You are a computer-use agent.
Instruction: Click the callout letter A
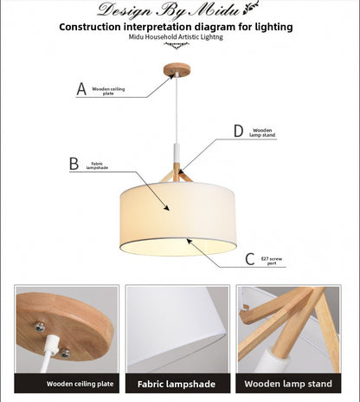[x=82, y=88]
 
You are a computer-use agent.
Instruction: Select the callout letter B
[x=74, y=163]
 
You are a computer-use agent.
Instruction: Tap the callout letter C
[x=250, y=259]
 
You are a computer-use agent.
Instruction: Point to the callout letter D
[x=238, y=131]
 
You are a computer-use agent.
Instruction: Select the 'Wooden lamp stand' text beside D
[x=262, y=133]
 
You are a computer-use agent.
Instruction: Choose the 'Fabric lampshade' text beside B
[x=96, y=165]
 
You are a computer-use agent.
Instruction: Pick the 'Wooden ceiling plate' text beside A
[x=109, y=90]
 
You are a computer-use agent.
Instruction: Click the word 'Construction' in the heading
[x=95, y=27]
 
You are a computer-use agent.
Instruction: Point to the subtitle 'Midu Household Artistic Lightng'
[x=177, y=39]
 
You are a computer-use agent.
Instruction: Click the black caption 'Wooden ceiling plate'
[x=66, y=383]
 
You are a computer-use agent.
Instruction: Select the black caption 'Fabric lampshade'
[x=177, y=383]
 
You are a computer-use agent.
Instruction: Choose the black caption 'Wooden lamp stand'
[x=288, y=383]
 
